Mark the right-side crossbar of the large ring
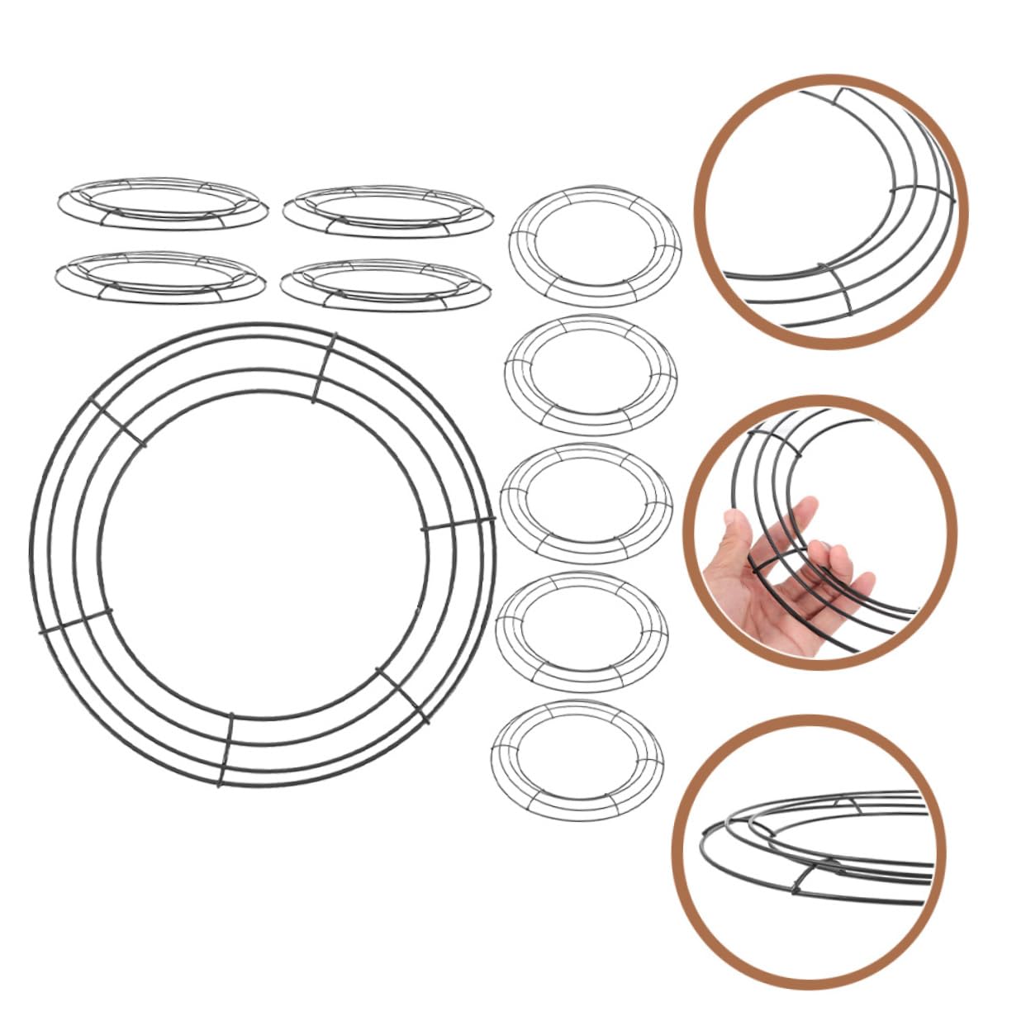pos(458,525)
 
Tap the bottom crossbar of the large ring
pos(226,750)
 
